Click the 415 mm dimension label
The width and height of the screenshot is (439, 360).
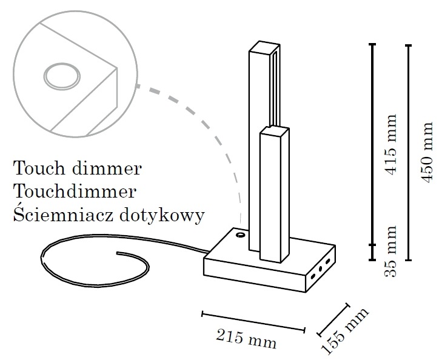(391, 144)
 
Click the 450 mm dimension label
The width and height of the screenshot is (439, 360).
(427, 152)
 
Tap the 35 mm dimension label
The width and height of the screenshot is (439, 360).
(391, 251)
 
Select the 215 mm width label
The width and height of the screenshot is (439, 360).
(246, 339)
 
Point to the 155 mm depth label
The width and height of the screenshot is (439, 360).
(344, 332)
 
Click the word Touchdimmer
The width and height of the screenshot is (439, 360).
(75, 192)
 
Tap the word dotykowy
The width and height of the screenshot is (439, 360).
(163, 216)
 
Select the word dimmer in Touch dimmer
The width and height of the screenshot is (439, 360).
(107, 168)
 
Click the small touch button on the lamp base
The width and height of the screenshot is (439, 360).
(240, 235)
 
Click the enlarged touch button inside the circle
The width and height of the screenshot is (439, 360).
(62, 76)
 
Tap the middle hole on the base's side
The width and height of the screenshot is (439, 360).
(320, 269)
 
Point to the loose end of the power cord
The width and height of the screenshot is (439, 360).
(118, 253)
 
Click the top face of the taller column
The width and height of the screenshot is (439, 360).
(264, 47)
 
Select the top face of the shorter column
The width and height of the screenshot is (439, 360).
(274, 131)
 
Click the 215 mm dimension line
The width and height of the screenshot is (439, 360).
(253, 322)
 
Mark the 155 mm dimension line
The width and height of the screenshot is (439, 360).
(333, 319)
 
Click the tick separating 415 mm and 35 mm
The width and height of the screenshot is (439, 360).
(372, 245)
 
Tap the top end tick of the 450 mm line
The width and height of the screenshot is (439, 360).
(409, 45)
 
